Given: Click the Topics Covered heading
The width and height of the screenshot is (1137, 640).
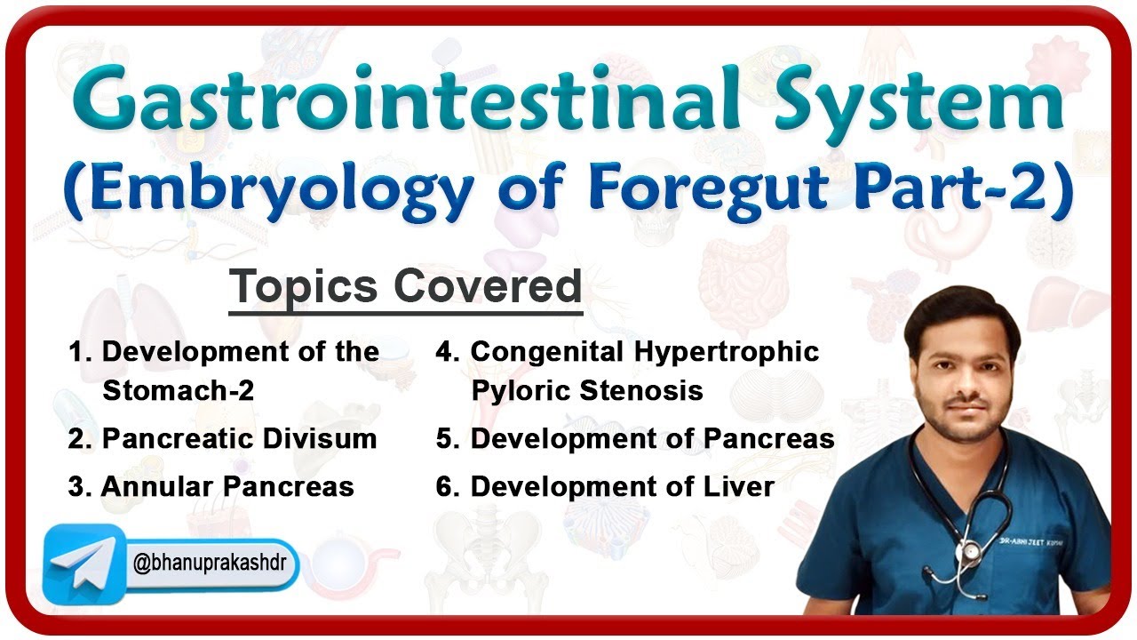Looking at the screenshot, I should click(405, 286).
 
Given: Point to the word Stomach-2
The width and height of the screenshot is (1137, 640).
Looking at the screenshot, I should click(179, 390).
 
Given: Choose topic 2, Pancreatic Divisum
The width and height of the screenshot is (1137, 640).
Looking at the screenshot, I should click(222, 438).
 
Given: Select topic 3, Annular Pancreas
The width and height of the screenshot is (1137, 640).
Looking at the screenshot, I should click(211, 487).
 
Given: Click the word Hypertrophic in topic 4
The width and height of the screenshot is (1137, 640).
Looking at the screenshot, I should click(727, 351).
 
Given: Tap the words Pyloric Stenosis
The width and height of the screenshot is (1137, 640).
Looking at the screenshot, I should click(587, 390).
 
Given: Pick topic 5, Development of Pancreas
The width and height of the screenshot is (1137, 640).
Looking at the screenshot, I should click(634, 438).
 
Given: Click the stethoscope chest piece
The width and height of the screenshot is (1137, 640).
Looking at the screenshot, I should click(971, 550).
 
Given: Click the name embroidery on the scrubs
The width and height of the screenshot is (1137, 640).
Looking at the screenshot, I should click(1049, 513).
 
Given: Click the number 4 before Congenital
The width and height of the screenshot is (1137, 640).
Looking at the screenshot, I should click(444, 351).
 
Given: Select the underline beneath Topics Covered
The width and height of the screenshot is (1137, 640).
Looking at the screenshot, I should click(405, 312).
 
